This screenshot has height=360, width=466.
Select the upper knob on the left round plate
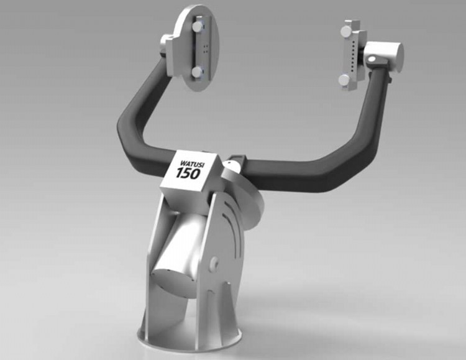198,28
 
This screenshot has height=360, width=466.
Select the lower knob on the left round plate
196,72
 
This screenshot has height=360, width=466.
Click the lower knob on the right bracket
344,80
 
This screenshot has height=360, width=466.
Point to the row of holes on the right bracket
352,54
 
